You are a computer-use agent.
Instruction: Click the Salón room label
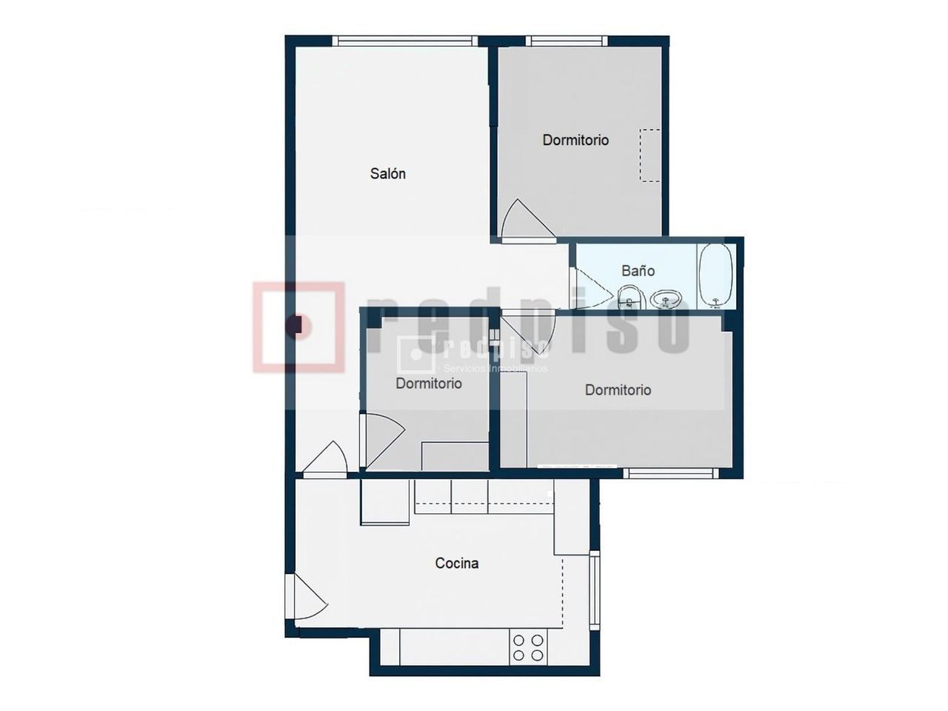[387, 173]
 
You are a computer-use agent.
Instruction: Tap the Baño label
[638, 270]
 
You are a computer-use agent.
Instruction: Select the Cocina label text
[456, 563]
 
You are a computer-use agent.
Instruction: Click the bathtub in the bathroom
[715, 276]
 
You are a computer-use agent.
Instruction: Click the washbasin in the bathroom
[665, 298]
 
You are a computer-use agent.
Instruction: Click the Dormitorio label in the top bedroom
[575, 140]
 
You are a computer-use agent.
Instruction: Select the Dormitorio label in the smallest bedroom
[428, 384]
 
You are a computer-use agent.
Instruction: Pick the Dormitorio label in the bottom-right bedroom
[618, 390]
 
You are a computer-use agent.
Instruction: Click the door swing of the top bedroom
[528, 219]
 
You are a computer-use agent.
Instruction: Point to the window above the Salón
[404, 41]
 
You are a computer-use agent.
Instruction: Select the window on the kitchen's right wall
[595, 590]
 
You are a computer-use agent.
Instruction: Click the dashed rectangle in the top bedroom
[650, 156]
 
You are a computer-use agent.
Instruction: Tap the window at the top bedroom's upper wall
[567, 41]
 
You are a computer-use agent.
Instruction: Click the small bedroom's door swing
[384, 441]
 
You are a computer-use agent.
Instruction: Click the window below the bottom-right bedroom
[671, 473]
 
